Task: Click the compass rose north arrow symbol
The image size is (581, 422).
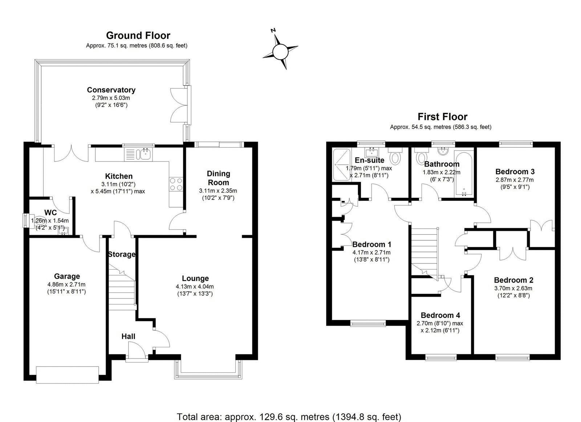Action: [x=280, y=51]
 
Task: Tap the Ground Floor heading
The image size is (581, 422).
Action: [x=138, y=36]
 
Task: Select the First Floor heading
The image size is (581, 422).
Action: [x=442, y=117]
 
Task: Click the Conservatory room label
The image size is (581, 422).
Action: [x=111, y=90]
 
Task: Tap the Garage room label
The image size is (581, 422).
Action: [x=67, y=276]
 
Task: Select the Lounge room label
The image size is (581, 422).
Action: [x=195, y=278]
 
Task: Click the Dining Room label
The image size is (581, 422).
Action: [x=218, y=178]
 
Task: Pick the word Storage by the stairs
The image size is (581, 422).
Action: [x=122, y=254]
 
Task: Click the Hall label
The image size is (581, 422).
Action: [x=128, y=336]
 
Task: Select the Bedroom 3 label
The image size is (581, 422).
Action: [x=515, y=172]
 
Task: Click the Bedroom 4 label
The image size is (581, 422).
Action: [x=440, y=315]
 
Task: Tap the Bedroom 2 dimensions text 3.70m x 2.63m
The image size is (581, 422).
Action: [x=513, y=288]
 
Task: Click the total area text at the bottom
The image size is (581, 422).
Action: [x=289, y=416]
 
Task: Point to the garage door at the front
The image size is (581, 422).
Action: [x=68, y=374]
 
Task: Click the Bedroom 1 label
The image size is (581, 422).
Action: [x=371, y=244]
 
